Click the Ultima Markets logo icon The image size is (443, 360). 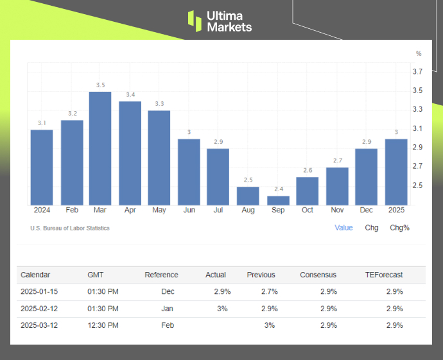tap(194, 21)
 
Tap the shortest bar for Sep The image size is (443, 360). tap(278, 200)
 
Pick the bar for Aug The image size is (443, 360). tap(248, 196)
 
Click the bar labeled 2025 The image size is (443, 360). tap(395, 172)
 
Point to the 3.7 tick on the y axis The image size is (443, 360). tap(417, 71)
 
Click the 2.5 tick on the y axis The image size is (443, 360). tap(417, 185)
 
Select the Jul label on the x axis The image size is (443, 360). tap(218, 210)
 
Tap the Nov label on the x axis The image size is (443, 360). tap(337, 210)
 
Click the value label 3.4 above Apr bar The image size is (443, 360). tap(130, 95)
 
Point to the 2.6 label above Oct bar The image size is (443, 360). tap(308, 171)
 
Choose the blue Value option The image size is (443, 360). tap(343, 228)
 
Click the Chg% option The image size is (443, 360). tap(399, 228)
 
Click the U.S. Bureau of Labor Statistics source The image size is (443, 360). tap(70, 228)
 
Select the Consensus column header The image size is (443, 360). tap(318, 275)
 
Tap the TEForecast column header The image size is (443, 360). tap(384, 275)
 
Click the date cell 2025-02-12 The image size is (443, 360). tap(40, 309)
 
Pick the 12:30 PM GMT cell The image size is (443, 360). tap(103, 325)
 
